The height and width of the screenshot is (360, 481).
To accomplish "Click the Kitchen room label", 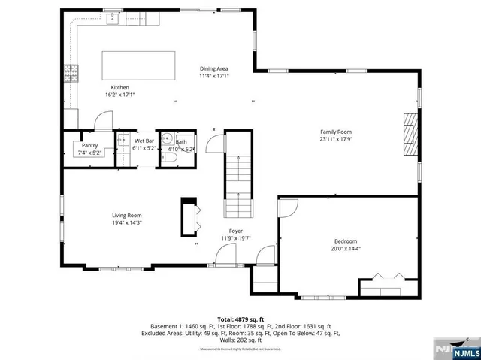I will (120, 88).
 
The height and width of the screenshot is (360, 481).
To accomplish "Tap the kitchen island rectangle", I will (139, 65).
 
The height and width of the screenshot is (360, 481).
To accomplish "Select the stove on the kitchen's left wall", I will (72, 73).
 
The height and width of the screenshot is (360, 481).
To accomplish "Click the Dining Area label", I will (213, 68).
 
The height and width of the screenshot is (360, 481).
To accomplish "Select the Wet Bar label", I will (144, 141).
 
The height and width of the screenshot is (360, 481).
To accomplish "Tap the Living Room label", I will (127, 215).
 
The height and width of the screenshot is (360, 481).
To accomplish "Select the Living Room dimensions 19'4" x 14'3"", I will (127, 222).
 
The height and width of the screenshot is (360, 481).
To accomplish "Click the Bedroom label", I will (347, 241).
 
